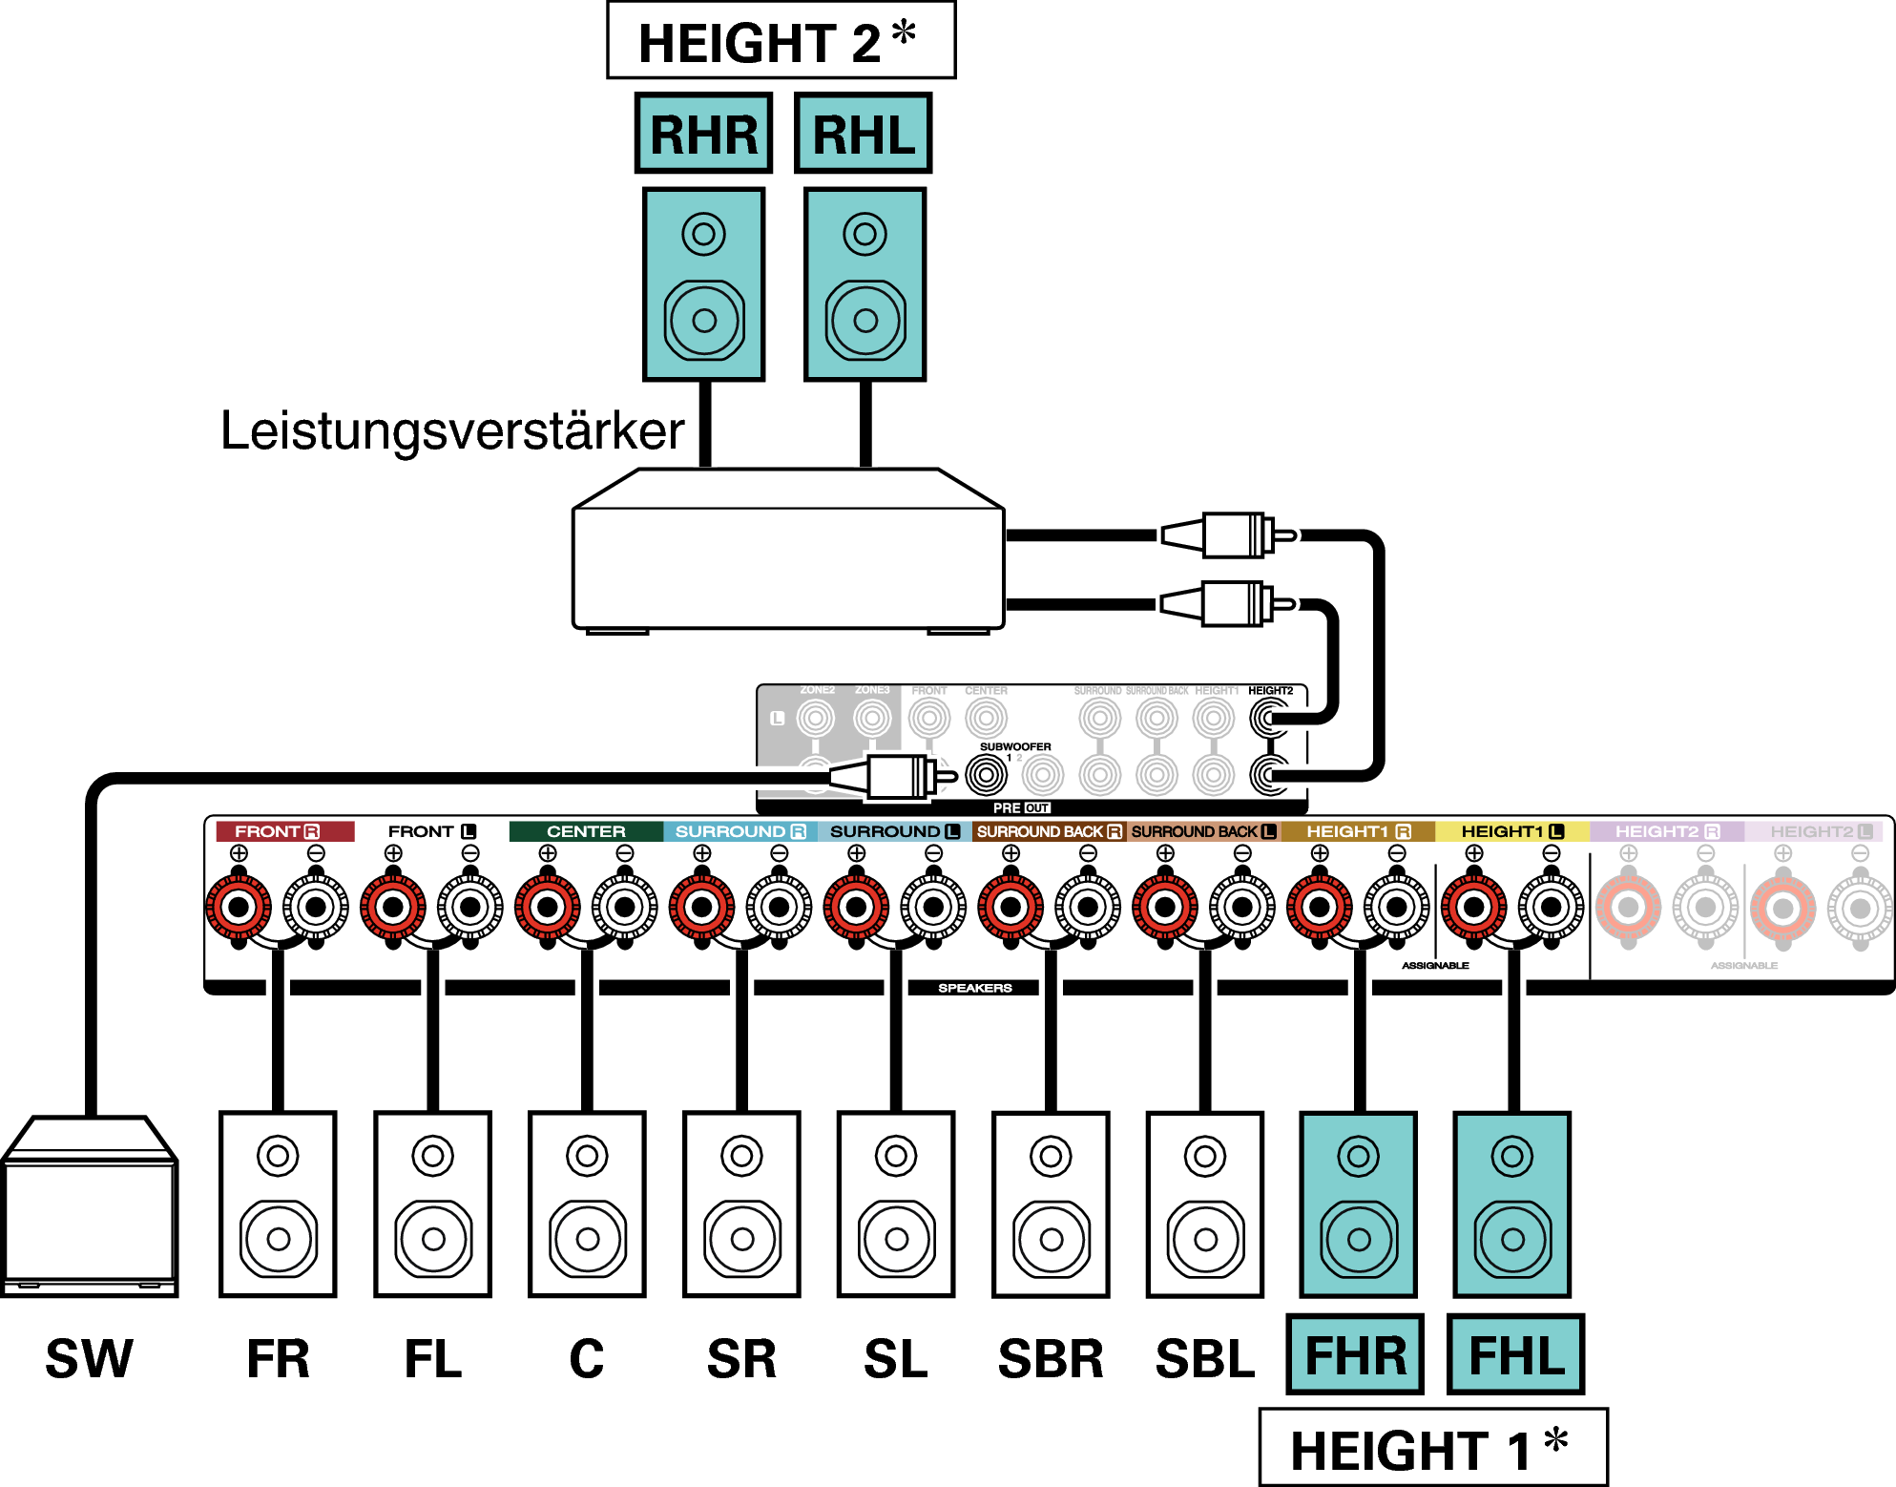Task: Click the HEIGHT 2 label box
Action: pos(781,41)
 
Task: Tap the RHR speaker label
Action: pos(703,134)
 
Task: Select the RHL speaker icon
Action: pos(865,284)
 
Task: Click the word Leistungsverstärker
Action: pos(452,430)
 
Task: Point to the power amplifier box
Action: pos(787,563)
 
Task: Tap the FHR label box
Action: pos(1355,1354)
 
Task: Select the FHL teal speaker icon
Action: pos(1511,1204)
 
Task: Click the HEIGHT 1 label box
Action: pos(1432,1448)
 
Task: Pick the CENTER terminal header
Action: pos(586,831)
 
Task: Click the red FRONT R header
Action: pos(283,831)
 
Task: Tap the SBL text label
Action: pos(1204,1359)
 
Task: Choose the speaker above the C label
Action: pos(587,1204)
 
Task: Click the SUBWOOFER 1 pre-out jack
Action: pos(986,774)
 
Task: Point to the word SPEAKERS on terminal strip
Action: pos(974,988)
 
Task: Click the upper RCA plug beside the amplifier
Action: pos(1231,535)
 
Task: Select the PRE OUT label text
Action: pos(1020,807)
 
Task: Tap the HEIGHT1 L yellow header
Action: pos(1511,831)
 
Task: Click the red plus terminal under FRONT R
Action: pos(239,906)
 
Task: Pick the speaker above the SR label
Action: pos(741,1204)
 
